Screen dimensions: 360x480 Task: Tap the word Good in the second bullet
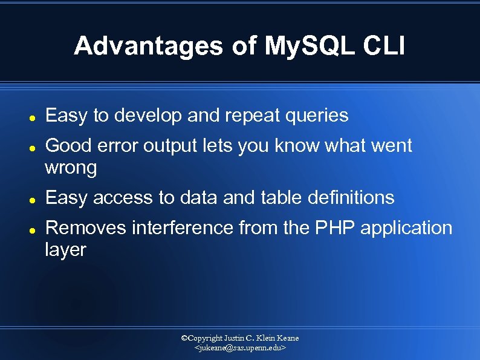[x=66, y=146]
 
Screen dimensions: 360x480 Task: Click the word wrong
[x=71, y=168]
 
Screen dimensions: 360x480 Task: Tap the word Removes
[x=85, y=228]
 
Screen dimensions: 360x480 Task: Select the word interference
[x=182, y=228]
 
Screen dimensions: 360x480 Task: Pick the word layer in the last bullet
[x=65, y=250]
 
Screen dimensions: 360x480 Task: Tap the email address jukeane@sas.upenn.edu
[x=239, y=349]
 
